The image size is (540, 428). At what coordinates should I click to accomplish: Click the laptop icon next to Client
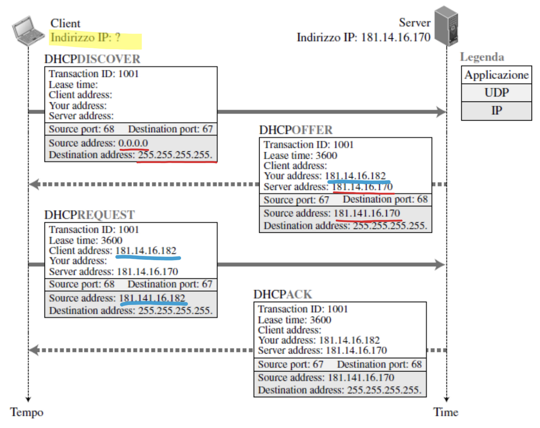[28, 31]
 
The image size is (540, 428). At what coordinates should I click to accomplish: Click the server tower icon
[446, 26]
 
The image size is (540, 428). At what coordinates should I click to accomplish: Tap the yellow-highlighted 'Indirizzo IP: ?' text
[85, 37]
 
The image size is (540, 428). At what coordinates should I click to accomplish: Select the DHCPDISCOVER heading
[92, 59]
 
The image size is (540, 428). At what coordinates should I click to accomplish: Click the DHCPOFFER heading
[296, 130]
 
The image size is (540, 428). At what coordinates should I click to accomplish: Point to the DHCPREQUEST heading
[90, 215]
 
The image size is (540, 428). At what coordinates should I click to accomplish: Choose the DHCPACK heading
[283, 294]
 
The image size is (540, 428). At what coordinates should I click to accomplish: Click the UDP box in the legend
[496, 93]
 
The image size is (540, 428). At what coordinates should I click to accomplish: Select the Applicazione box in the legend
[496, 75]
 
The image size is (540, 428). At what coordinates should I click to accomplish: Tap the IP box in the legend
[496, 111]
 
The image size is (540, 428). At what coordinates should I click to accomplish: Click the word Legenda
[482, 57]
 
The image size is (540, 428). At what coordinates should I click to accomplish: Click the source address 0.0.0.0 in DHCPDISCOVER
[133, 143]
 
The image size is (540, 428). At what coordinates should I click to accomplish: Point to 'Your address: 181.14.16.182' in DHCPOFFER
[325, 176]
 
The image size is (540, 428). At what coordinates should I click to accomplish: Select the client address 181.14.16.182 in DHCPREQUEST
[146, 251]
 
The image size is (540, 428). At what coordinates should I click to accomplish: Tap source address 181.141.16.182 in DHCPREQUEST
[152, 298]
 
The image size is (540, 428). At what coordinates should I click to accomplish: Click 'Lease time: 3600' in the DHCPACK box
[294, 320]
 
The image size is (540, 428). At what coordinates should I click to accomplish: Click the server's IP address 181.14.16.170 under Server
[396, 37]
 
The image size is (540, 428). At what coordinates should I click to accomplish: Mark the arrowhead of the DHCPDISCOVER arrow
[441, 112]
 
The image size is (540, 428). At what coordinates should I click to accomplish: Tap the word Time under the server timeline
[445, 412]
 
